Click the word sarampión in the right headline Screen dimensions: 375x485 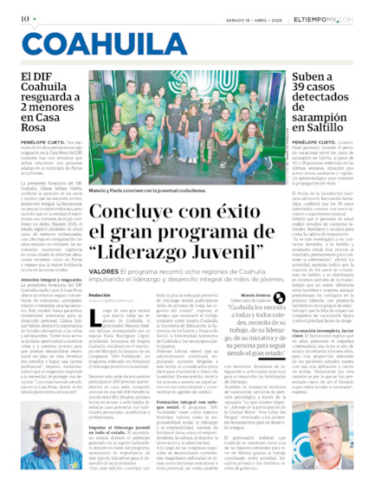tap(324, 116)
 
